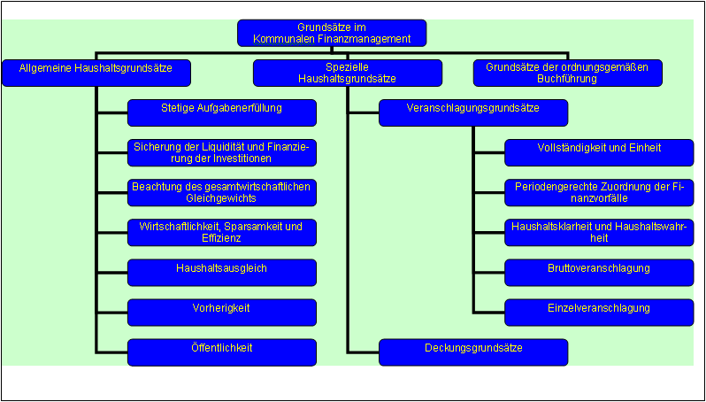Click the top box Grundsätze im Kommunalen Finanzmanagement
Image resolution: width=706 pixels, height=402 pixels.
pyautogui.click(x=332, y=33)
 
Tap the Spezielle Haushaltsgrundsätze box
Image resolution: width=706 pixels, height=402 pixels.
pyautogui.click(x=347, y=73)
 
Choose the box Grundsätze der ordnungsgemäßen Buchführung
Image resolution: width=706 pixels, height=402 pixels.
pyautogui.click(x=567, y=73)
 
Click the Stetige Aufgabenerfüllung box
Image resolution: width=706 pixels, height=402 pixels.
pyautogui.click(x=222, y=112)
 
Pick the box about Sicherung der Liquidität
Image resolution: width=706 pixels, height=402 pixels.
pyautogui.click(x=222, y=152)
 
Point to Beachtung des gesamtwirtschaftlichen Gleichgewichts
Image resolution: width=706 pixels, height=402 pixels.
pyautogui.click(x=222, y=192)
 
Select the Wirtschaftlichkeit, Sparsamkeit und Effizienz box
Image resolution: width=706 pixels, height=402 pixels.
pyautogui.click(x=222, y=232)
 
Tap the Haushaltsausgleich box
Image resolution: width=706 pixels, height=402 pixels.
pyautogui.click(x=222, y=272)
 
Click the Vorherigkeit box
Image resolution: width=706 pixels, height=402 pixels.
pyautogui.click(x=222, y=312)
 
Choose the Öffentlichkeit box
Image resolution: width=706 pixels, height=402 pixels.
pyautogui.click(x=222, y=352)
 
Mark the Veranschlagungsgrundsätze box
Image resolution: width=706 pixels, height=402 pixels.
pyautogui.click(x=473, y=112)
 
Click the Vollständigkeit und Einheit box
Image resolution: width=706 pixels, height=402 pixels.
pyautogui.click(x=599, y=152)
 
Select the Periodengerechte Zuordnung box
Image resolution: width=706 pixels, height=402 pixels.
pyautogui.click(x=599, y=192)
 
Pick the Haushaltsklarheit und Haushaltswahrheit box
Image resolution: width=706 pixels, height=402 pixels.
pyautogui.click(x=599, y=232)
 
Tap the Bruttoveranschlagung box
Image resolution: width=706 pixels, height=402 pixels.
pyautogui.click(x=599, y=272)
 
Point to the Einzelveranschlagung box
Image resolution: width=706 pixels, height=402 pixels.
pyautogui.click(x=599, y=312)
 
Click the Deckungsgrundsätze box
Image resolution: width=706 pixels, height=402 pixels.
pyautogui.click(x=473, y=352)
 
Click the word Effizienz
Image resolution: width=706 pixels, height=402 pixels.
pyautogui.click(x=221, y=238)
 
